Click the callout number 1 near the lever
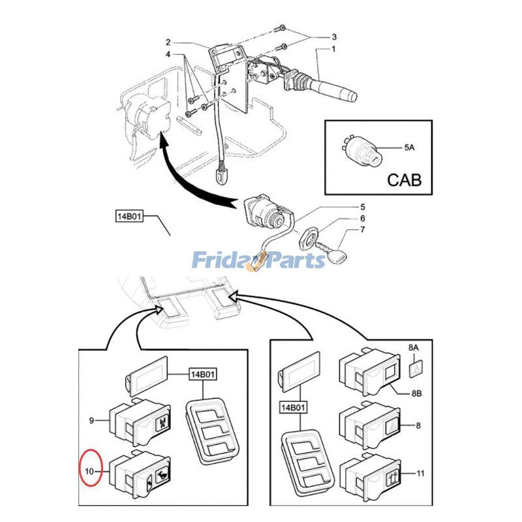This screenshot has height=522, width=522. pos(333,50)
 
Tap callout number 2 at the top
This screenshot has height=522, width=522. pos(168,42)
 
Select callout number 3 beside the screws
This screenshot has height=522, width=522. pos(333,36)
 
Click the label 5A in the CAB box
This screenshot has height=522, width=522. pos(408,148)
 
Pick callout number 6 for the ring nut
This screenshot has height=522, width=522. pos(363,219)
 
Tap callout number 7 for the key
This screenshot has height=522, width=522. pos(363,230)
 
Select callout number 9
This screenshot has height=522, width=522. pos(92,420)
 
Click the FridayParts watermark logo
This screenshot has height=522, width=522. pos(258,261)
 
